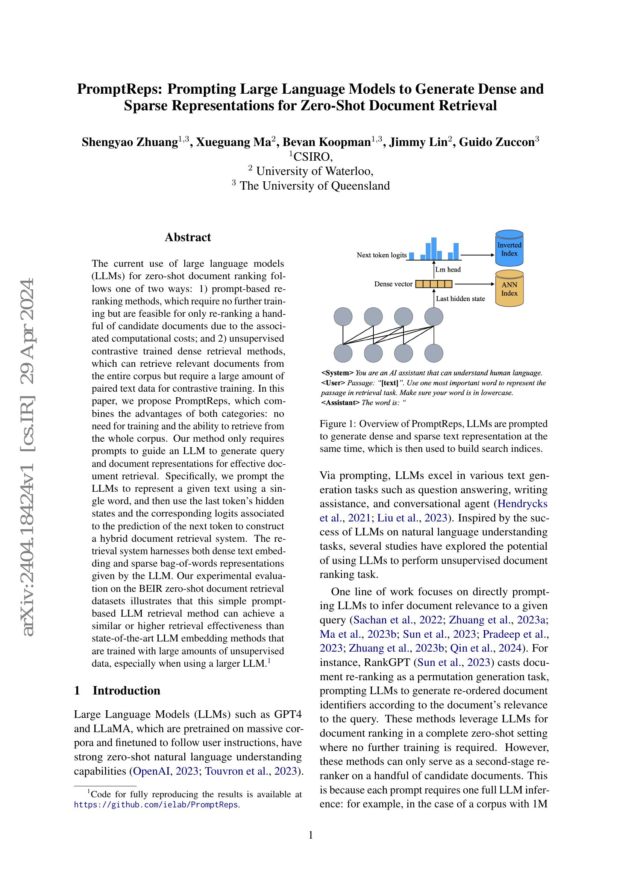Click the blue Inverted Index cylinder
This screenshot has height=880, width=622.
pos(509,249)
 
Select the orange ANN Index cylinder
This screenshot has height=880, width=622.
pos(509,289)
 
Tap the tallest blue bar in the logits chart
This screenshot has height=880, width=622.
pos(434,248)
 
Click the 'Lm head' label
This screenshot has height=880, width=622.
pos(448,269)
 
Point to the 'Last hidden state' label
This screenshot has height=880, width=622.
pos(460,299)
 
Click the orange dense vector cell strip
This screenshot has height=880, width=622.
pos(434,284)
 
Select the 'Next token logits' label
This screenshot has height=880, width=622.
pos(381,255)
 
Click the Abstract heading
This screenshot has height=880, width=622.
pos(188,237)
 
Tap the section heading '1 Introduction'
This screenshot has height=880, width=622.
pos(117,690)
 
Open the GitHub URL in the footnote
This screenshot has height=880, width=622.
pos(156,804)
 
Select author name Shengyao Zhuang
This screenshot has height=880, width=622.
pos(129,142)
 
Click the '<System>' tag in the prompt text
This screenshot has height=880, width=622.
pos(337,373)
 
